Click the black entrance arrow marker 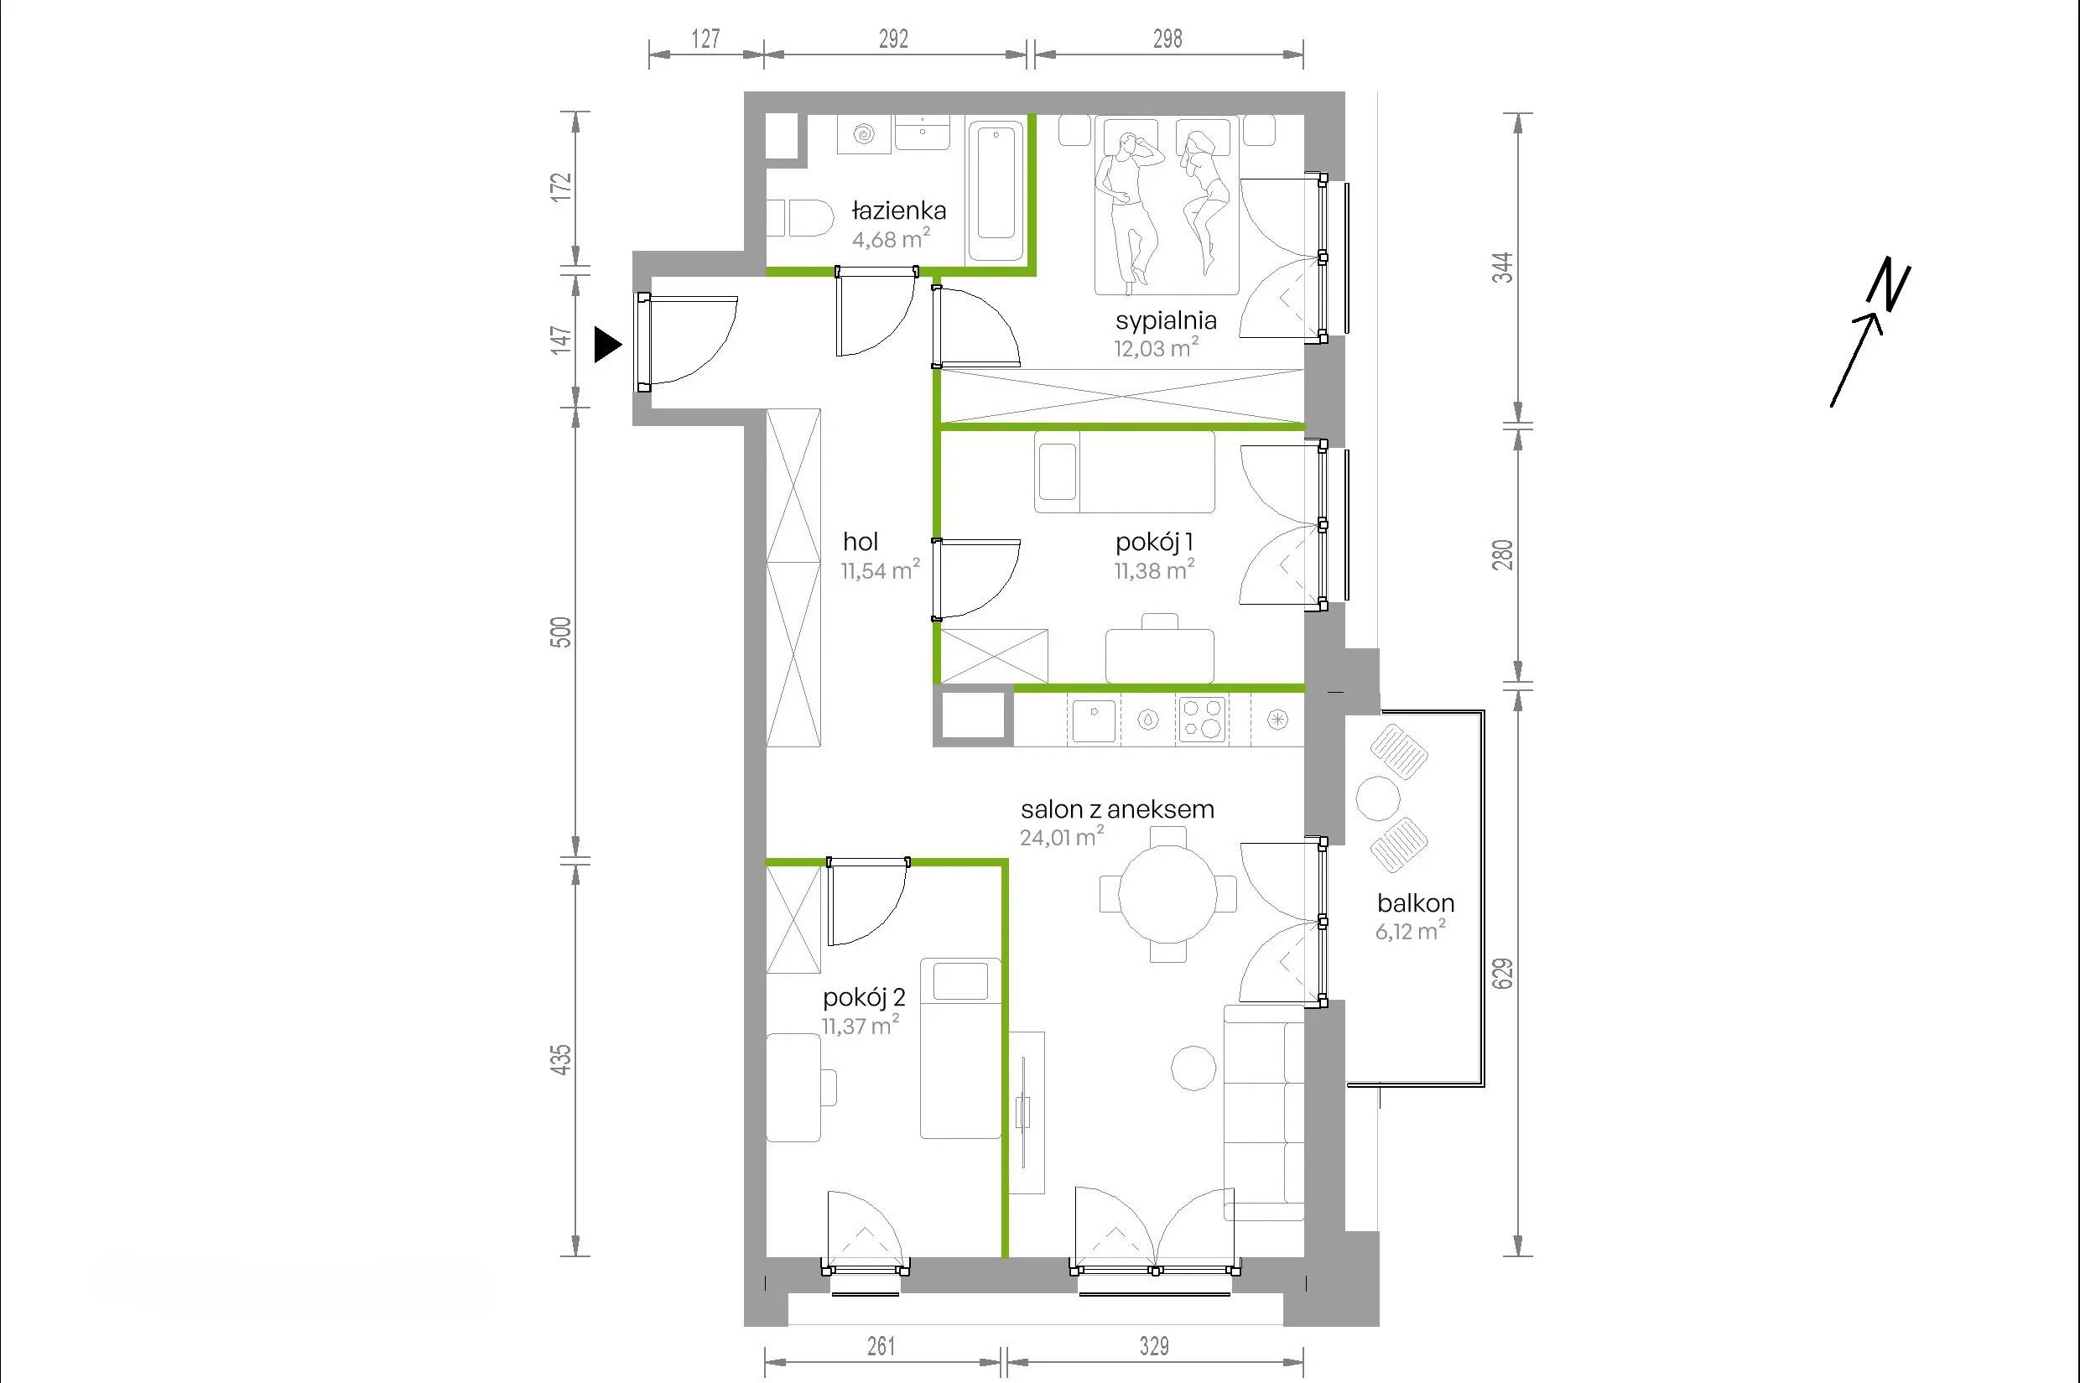tap(607, 345)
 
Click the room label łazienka tap(899, 211)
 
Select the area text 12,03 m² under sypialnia tap(1157, 347)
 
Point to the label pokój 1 tap(1155, 542)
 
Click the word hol tap(860, 542)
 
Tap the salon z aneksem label tap(1118, 808)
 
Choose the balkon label tap(1416, 902)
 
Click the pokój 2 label tap(864, 997)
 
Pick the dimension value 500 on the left tap(561, 632)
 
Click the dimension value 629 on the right tap(1504, 973)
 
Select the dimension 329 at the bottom tap(1154, 1345)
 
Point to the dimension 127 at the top tap(705, 38)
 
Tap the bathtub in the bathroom tap(996, 192)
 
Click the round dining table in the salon tap(1168, 895)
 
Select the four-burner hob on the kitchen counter tap(1203, 718)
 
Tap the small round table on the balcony tap(1378, 798)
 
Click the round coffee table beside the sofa tap(1193, 1068)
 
